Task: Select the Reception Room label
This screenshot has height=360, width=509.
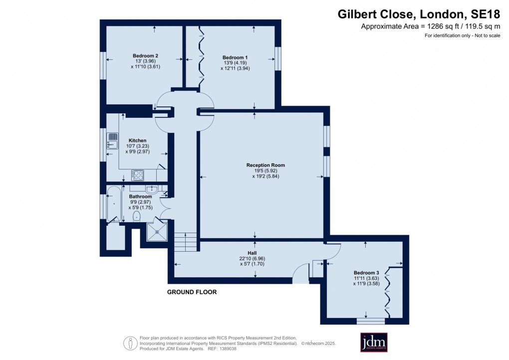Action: pyautogui.click(x=265, y=165)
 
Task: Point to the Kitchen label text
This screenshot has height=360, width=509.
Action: pyautogui.click(x=137, y=140)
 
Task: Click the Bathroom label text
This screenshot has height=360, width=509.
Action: pyautogui.click(x=140, y=197)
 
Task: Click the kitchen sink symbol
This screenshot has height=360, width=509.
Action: pyautogui.click(x=112, y=140)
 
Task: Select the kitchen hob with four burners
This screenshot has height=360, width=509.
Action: pyautogui.click(x=137, y=175)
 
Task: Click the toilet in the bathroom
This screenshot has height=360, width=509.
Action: pyautogui.click(x=137, y=216)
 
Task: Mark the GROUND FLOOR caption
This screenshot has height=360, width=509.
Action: pyautogui.click(x=192, y=292)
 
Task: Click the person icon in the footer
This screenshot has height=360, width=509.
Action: pyautogui.click(x=130, y=342)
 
